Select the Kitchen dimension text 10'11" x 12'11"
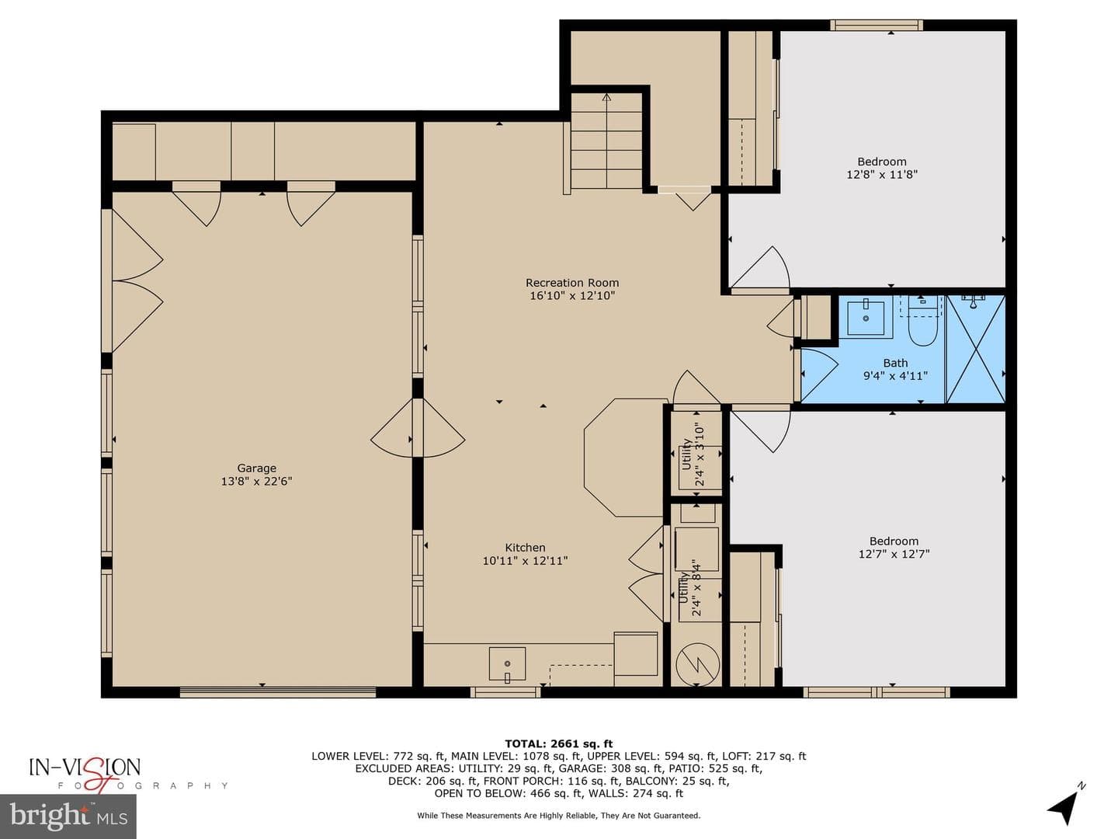pos(525,561)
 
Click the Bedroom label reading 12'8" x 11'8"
pos(882,168)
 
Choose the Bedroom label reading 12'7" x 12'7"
pos(894,548)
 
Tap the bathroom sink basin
pos(866,318)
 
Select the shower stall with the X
pos(975,349)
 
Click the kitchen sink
pos(507,663)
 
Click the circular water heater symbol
pos(697,664)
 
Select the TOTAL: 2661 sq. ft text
pos(559,744)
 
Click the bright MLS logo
pos(68,816)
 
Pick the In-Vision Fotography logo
pos(127,775)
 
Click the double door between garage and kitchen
pos(418,428)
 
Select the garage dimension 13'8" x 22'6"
pos(256,482)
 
